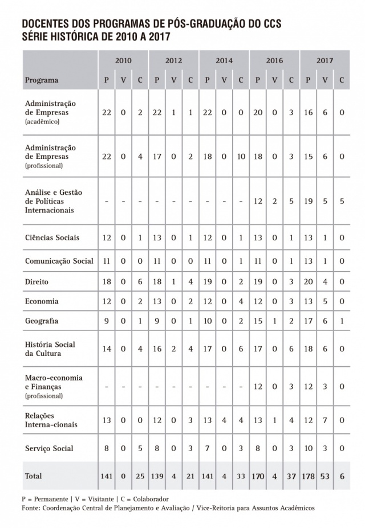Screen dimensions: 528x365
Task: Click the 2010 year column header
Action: (x=123, y=60)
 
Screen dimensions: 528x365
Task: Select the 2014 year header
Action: (x=224, y=60)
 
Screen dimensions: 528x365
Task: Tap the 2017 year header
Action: (x=325, y=60)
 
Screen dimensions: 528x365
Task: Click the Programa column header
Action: (x=42, y=80)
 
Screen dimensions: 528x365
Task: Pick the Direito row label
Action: (x=36, y=281)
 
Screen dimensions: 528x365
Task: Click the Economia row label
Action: (x=42, y=301)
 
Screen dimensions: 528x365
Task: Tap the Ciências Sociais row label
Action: (x=52, y=238)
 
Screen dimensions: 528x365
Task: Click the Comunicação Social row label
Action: (x=59, y=261)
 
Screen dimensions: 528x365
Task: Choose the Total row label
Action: (x=33, y=476)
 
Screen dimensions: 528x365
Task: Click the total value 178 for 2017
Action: (x=308, y=476)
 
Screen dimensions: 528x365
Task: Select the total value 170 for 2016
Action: (x=258, y=476)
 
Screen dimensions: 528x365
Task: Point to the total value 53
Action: (x=325, y=476)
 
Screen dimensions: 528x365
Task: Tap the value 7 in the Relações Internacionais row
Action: (x=325, y=420)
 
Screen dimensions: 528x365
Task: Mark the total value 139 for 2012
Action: (x=157, y=476)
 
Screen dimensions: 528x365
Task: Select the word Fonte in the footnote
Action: (x=31, y=507)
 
